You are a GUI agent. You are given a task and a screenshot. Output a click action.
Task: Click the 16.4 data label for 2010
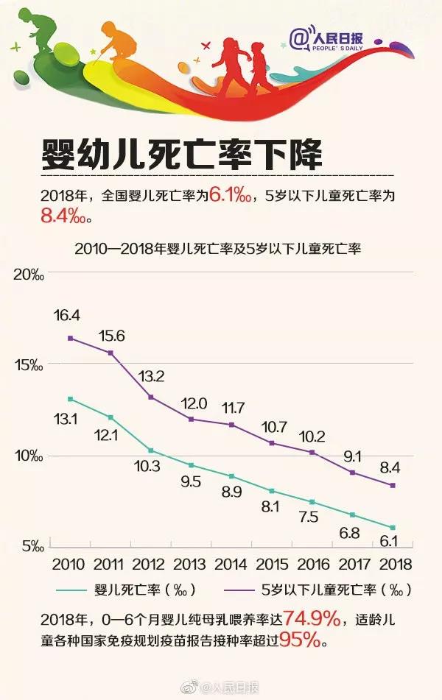click(x=66, y=315)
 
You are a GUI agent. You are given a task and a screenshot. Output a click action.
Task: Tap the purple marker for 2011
click(x=110, y=353)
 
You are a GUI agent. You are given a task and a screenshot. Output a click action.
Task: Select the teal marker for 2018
click(x=393, y=528)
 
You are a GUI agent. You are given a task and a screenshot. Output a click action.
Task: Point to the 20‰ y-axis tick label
click(x=29, y=275)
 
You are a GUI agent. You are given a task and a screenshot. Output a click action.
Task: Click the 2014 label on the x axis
click(x=231, y=565)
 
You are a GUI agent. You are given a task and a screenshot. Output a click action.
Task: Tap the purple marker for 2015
click(x=271, y=443)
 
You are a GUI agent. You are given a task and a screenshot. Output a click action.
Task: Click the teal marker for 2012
click(x=150, y=450)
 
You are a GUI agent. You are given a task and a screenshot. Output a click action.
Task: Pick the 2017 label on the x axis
click(x=352, y=565)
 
